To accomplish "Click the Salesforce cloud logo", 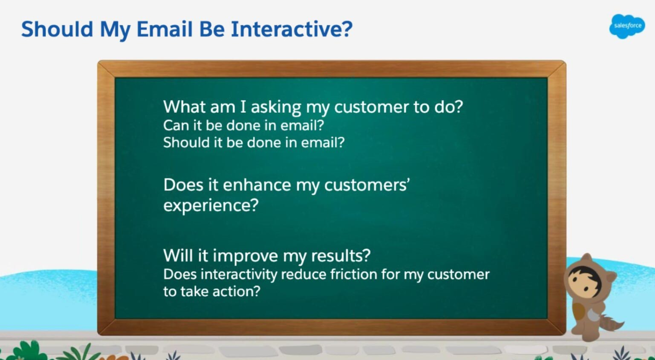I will tap(626, 26).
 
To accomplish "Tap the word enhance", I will tap(246, 185).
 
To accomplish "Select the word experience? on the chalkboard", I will tap(211, 206).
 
